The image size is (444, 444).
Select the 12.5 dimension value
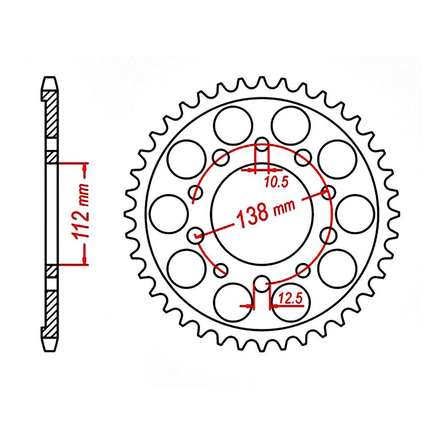tap(290, 300)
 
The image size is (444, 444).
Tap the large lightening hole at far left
tap(167, 213)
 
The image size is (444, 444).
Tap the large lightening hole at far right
tap(355, 213)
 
